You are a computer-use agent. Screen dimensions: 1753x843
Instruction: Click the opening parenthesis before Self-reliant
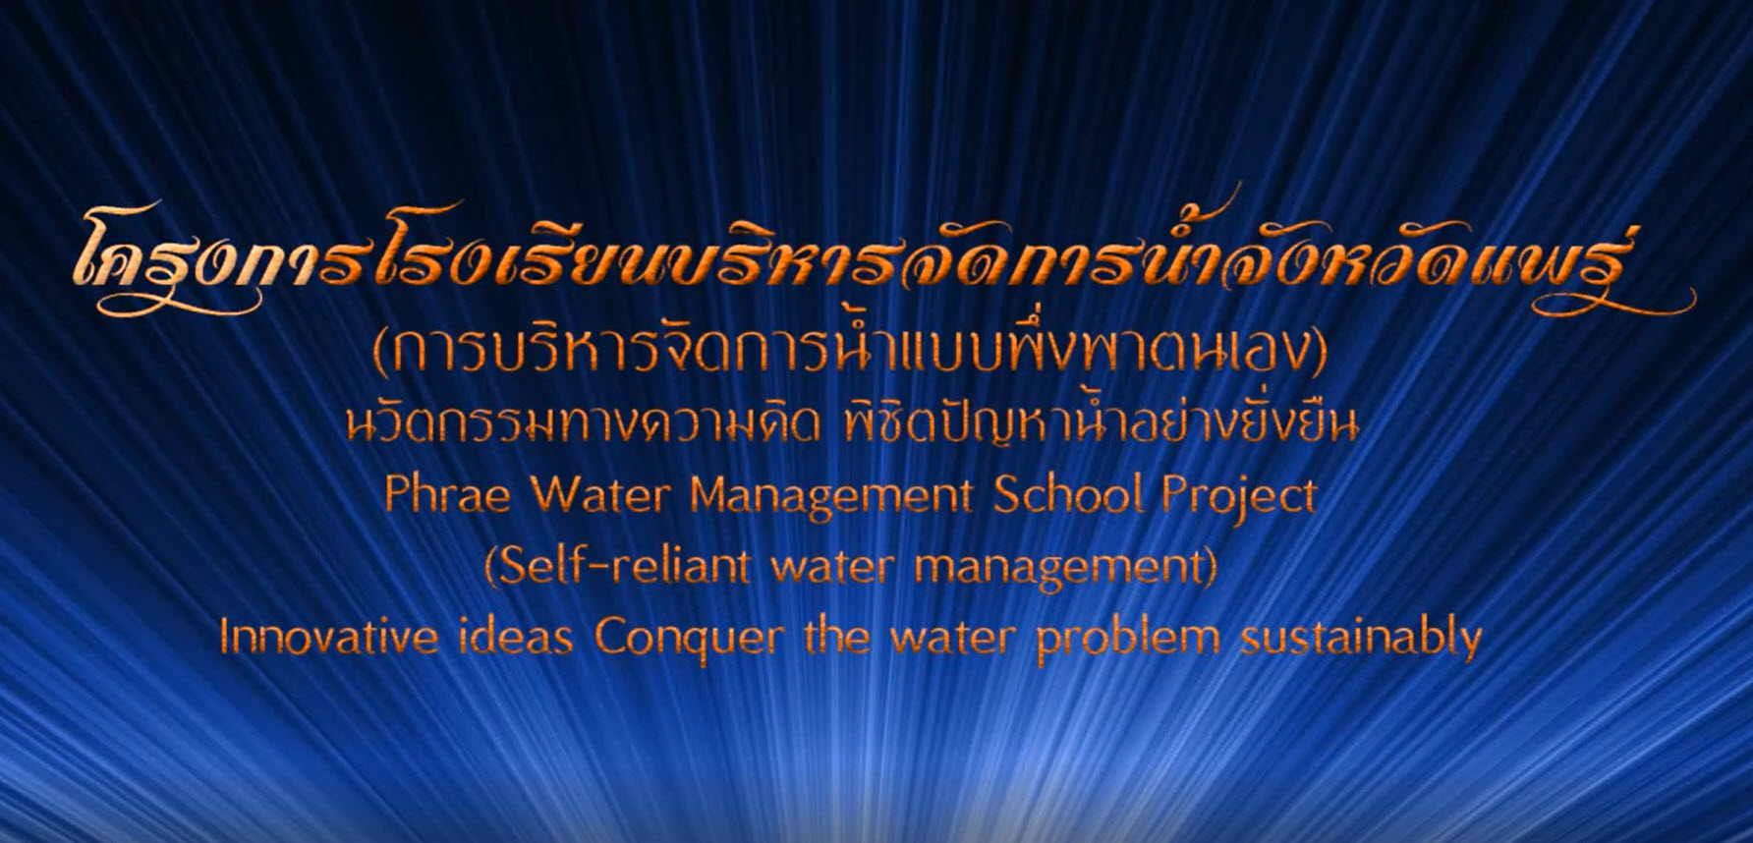[491, 568]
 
